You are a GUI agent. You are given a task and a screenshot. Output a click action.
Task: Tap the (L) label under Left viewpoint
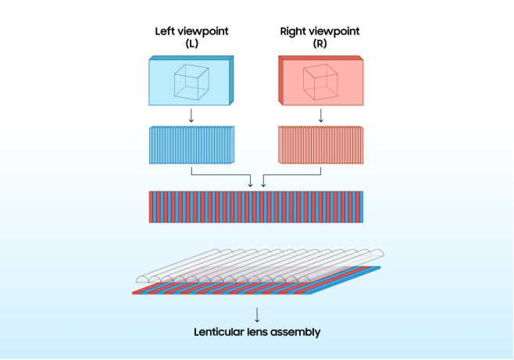coord(191,44)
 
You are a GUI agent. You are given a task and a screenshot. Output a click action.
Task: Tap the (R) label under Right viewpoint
coord(320,44)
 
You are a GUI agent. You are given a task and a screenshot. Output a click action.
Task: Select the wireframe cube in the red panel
coord(319,82)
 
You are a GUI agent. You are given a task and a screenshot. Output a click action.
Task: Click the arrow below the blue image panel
coord(191,116)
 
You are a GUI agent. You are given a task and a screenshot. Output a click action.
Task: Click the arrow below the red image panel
coord(320,116)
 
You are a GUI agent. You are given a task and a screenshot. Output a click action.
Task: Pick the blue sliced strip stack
coord(191,144)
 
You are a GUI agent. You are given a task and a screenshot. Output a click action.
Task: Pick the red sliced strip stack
coord(320,144)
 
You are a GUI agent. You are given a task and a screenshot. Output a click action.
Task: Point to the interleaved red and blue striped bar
coord(256,207)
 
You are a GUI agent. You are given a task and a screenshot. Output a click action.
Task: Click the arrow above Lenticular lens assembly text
coord(257,314)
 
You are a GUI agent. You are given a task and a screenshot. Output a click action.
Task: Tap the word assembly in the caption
coord(297,332)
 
